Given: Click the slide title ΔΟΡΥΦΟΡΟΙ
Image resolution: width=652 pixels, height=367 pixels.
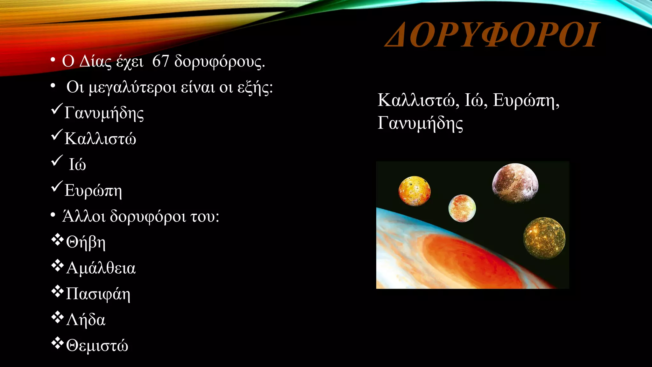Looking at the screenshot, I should (x=492, y=35).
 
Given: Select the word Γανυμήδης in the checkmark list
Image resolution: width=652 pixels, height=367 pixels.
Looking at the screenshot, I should (x=104, y=113).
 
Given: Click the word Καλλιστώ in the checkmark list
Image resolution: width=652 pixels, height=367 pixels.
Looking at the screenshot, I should (x=100, y=139).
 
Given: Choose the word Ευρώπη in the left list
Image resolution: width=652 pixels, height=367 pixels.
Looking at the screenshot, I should (x=93, y=191).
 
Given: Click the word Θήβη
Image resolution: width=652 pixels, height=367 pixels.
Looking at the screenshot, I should (x=86, y=242).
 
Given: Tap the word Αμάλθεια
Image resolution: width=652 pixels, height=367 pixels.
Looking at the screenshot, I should (x=101, y=268).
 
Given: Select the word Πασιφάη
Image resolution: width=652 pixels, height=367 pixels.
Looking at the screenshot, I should (x=98, y=294).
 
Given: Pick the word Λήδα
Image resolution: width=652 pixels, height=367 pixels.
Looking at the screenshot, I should (x=86, y=320).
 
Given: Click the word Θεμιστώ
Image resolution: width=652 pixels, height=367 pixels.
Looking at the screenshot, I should (x=97, y=346).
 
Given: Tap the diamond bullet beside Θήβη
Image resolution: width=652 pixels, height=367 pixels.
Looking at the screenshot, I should (x=57, y=240).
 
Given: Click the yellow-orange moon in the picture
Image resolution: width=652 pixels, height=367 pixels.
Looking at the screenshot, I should (x=415, y=191).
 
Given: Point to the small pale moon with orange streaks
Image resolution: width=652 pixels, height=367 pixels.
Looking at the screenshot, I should (x=462, y=208).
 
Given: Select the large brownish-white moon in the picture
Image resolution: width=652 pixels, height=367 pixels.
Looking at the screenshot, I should (x=515, y=183).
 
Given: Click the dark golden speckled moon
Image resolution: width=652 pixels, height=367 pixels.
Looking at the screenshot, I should (x=544, y=238).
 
